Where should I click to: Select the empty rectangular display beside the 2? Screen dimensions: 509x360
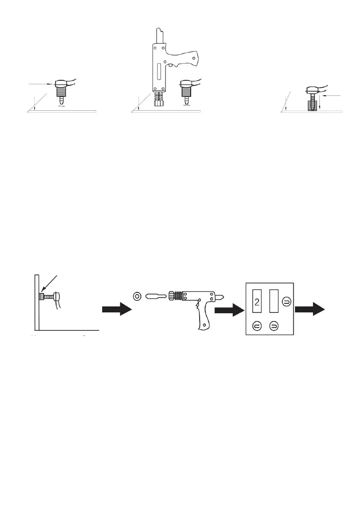(274, 303)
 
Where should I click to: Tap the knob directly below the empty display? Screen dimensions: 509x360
(274, 327)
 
